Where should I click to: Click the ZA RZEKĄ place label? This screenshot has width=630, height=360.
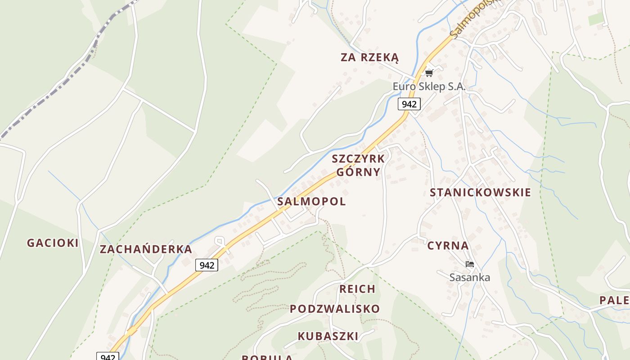click(369, 58)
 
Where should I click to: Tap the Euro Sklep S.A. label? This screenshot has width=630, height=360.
click(429, 86)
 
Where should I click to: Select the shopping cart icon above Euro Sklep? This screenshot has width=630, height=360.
click(429, 72)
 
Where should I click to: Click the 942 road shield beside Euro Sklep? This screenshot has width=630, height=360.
click(409, 104)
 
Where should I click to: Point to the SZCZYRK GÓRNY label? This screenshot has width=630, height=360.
click(358, 165)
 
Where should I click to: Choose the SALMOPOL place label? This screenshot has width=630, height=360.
click(311, 201)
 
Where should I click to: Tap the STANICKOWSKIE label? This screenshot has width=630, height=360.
click(480, 193)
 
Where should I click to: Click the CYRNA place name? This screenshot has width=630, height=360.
click(448, 246)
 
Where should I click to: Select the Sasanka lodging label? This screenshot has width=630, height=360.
click(469, 277)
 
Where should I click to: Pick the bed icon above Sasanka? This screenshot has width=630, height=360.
click(470, 264)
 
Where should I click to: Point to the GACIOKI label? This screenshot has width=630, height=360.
click(53, 243)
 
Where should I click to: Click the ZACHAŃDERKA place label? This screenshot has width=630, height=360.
click(146, 249)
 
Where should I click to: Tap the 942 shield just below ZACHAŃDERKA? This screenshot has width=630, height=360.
click(207, 265)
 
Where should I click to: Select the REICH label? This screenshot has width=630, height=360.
click(357, 289)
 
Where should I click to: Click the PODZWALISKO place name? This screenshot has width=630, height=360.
click(334, 309)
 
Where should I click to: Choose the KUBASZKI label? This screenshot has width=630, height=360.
click(328, 336)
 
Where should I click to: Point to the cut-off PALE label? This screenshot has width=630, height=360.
click(615, 301)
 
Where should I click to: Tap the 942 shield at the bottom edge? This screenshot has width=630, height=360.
click(108, 357)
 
